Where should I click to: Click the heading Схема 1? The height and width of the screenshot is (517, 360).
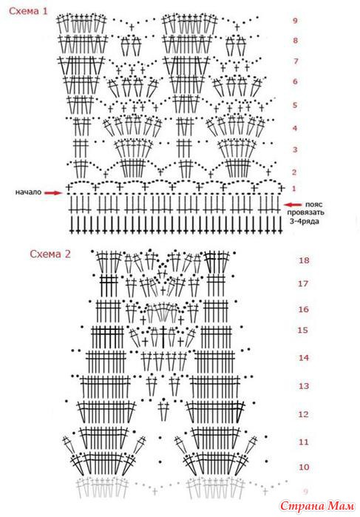click(28, 11)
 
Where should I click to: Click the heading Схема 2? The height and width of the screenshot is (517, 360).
click(50, 254)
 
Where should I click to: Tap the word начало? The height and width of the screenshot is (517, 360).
click(28, 192)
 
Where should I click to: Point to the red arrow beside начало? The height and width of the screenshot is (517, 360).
click(53, 193)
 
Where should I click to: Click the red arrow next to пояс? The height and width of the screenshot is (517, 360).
click(293, 205)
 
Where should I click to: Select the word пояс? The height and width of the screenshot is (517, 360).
click(313, 204)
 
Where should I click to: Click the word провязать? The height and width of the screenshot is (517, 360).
click(305, 213)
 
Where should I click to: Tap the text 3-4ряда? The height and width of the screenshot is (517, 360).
click(305, 221)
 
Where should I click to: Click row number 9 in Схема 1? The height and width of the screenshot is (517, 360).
click(295, 21)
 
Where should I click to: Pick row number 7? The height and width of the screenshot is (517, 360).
click(296, 61)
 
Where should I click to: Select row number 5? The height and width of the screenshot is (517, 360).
click(295, 106)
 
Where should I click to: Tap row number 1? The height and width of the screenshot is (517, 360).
click(294, 189)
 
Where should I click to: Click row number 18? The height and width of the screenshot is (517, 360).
click(304, 260)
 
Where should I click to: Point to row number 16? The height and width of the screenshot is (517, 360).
click(303, 309)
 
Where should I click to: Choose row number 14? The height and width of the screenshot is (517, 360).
click(303, 358)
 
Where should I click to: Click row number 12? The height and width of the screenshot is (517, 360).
click(303, 414)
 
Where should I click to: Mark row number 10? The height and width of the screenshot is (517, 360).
click(304, 467)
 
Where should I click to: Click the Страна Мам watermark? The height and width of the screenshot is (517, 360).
click(317, 506)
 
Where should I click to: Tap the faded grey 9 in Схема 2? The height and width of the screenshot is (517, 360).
click(305, 492)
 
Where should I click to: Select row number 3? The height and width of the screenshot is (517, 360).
click(295, 150)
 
